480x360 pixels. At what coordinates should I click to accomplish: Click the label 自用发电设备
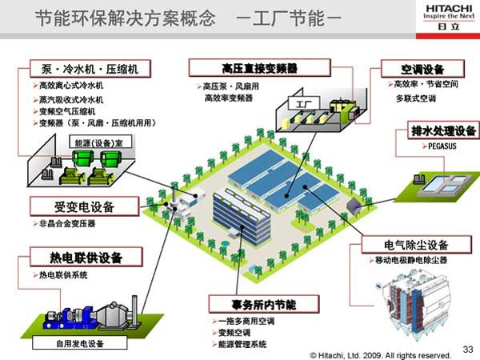79,345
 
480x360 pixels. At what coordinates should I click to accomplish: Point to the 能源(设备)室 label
98,142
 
